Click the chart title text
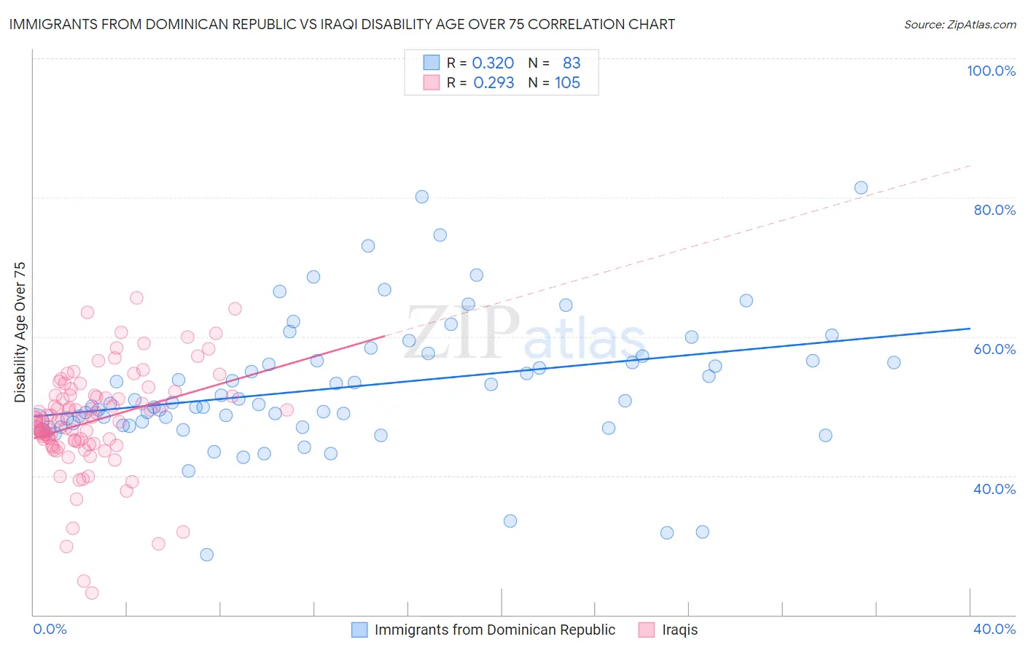pyautogui.click(x=342, y=24)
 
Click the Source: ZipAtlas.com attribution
pyautogui.click(x=959, y=24)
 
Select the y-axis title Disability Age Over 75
pyautogui.click(x=20, y=332)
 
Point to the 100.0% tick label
pyautogui.click(x=991, y=71)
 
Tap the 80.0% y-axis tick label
pyautogui.click(x=994, y=210)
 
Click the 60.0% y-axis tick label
pyautogui.click(x=994, y=349)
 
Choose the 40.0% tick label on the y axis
pyautogui.click(x=994, y=488)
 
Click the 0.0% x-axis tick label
pyautogui.click(x=50, y=629)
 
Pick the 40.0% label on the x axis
pyautogui.click(x=994, y=629)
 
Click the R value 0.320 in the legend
pyautogui.click(x=494, y=63)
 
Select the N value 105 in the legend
pyautogui.click(x=567, y=82)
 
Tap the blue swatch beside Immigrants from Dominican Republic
pyautogui.click(x=359, y=630)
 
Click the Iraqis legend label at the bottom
pyautogui.click(x=679, y=630)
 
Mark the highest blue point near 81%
pyautogui.click(x=861, y=188)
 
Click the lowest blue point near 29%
pyautogui.click(x=207, y=555)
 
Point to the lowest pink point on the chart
pyautogui.click(x=92, y=593)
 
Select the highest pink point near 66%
pyautogui.click(x=136, y=298)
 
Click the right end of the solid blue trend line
pyautogui.click(x=970, y=329)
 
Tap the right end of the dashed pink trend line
pyautogui.click(x=970, y=166)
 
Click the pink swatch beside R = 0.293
pyautogui.click(x=432, y=82)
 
